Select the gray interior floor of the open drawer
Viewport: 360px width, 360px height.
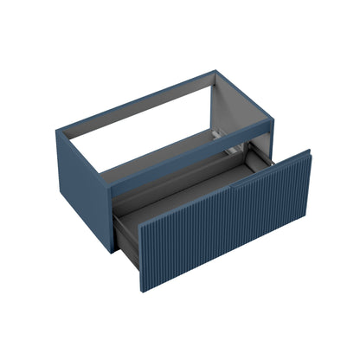[186, 195]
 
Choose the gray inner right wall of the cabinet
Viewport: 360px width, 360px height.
[247, 117]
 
